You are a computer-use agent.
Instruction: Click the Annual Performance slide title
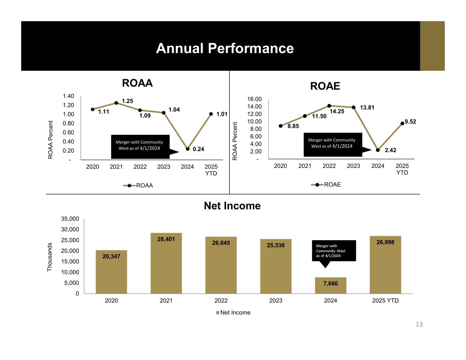[225, 48]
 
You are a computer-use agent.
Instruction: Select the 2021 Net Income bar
[166, 263]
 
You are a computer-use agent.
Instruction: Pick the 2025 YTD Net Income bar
[385, 264]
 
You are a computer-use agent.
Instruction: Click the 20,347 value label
[111, 257]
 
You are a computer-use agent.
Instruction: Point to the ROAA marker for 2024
[188, 149]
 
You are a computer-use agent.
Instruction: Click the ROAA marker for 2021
[116, 103]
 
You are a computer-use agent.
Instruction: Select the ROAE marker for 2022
[329, 106]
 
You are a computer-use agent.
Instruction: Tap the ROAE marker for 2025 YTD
[402, 124]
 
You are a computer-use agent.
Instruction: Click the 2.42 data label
[391, 150]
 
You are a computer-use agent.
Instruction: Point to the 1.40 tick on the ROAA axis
[68, 96]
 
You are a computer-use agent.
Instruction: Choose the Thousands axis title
[50, 257]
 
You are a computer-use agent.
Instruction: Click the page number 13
[419, 324]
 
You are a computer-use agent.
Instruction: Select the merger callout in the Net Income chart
[334, 251]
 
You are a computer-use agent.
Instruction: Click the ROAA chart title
[137, 83]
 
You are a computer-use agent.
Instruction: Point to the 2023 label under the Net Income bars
[276, 301]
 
